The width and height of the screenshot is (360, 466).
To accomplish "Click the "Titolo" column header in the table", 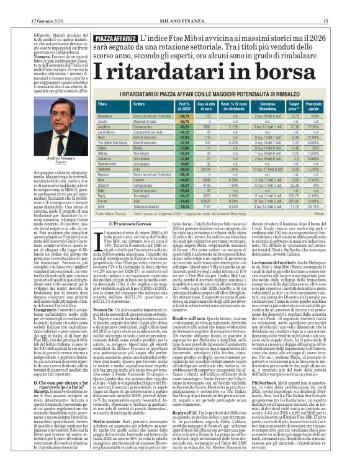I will (x=102, y=105).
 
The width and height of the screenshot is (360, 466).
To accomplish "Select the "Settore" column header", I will (x=138, y=105).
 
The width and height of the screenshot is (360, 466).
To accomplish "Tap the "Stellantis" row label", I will (x=104, y=168).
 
